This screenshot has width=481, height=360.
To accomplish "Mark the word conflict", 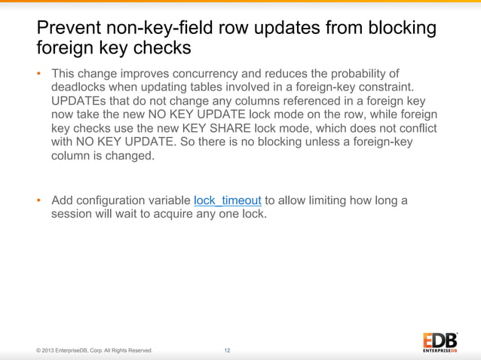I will (x=417, y=129).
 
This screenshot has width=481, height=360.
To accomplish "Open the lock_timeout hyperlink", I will (x=228, y=200).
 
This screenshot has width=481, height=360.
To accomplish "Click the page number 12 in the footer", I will (x=227, y=350).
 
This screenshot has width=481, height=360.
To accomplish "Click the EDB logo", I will (x=440, y=340).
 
